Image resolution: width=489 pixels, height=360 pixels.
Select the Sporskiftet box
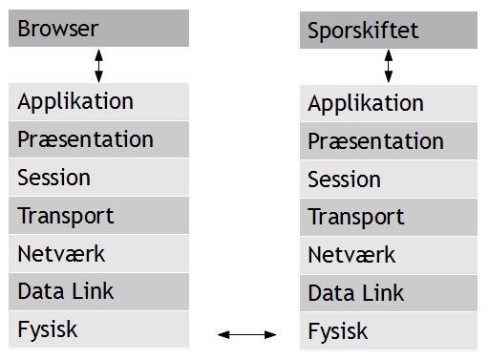point(387,31)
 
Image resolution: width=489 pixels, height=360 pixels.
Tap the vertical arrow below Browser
point(99,65)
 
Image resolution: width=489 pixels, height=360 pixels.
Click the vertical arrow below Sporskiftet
point(388,67)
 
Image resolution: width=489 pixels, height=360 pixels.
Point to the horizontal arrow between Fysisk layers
point(247,333)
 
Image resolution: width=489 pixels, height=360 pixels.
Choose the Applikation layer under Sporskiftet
point(387,104)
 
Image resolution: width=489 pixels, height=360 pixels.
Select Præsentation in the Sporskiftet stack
point(387,141)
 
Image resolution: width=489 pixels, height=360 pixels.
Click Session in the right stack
point(387,180)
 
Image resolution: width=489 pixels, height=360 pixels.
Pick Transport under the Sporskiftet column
point(387,218)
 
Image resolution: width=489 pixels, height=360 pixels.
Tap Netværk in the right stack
point(387,256)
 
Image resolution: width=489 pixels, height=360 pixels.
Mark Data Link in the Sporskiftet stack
point(387,294)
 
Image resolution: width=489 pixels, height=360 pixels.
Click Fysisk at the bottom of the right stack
point(387,332)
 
